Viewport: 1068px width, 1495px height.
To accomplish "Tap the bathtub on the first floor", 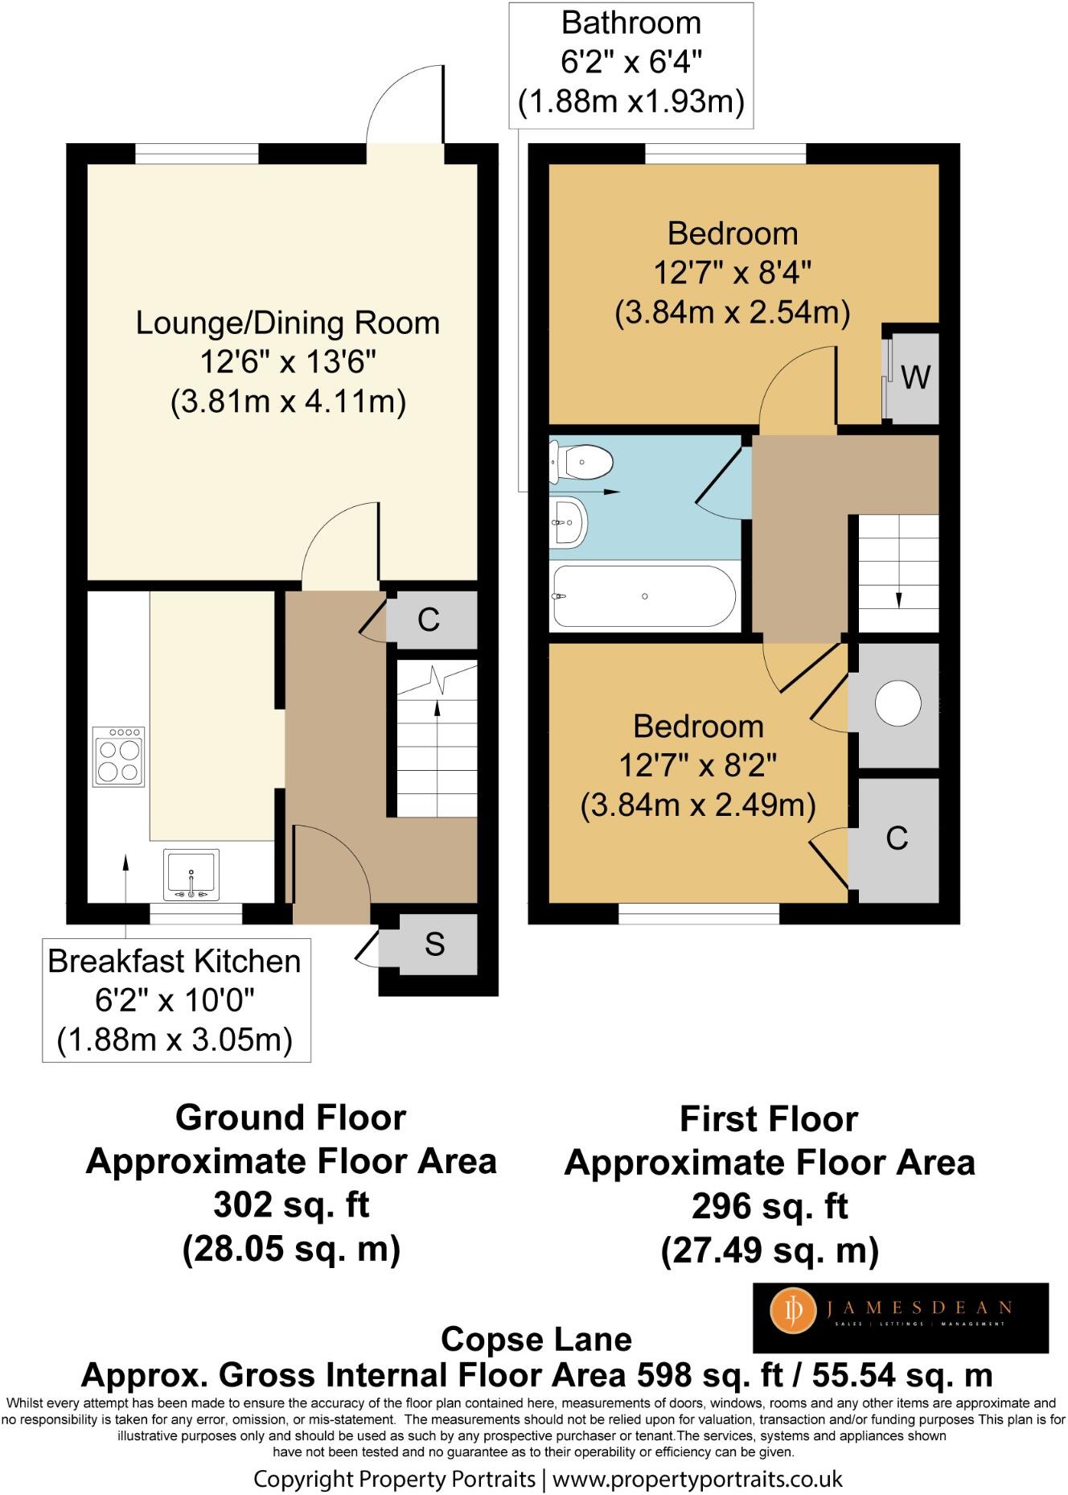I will (x=643, y=597).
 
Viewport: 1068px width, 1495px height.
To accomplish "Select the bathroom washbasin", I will (x=569, y=521).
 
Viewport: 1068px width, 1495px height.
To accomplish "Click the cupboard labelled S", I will (x=435, y=945).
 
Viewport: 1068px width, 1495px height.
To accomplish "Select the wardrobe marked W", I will (x=915, y=376).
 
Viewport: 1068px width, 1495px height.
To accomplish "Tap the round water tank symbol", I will (x=898, y=703).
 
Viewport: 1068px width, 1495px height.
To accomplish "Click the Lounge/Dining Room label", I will (x=288, y=323).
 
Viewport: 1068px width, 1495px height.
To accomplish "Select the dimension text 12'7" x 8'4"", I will (x=732, y=273).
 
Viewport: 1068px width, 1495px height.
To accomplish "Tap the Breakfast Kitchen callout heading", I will (x=175, y=962).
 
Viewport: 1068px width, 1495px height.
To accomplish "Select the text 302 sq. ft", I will (x=290, y=1205).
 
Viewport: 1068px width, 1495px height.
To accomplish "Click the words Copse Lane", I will (x=536, y=1339).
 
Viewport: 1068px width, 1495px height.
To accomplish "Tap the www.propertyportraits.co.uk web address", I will (x=697, y=1478).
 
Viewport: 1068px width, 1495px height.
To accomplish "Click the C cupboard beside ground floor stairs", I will (x=429, y=620).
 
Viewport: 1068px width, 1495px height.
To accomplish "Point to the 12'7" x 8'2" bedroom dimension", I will (x=697, y=765).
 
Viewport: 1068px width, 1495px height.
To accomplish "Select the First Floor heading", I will (x=769, y=1118).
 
